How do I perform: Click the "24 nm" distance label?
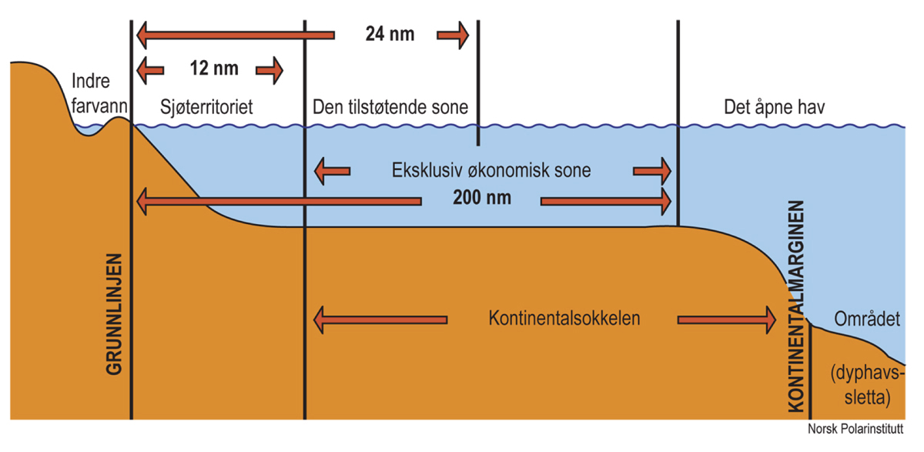(390, 35)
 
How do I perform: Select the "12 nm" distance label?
(213, 69)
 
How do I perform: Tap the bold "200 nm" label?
(482, 199)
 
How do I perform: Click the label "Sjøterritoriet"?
(206, 106)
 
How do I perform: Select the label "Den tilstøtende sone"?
(390, 106)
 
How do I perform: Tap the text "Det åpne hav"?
(775, 106)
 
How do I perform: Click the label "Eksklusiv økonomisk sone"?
(490, 170)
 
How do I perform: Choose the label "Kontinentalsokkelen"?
(564, 318)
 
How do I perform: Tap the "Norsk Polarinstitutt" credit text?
(855, 430)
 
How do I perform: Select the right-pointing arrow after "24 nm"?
(453, 35)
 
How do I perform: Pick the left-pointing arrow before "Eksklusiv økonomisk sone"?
(332, 170)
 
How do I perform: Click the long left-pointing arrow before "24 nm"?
(235, 35)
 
